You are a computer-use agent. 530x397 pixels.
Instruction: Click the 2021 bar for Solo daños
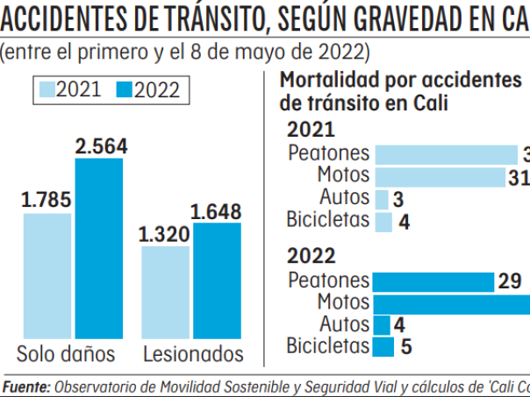[47, 275]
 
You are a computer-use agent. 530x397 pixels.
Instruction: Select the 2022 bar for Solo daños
[99, 248]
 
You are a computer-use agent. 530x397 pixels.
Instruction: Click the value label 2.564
[101, 147]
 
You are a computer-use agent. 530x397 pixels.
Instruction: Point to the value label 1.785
[47, 201]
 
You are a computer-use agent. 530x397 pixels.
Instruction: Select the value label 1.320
[165, 234]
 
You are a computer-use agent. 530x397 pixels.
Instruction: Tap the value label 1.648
[216, 211]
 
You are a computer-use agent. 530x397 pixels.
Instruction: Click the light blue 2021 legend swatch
[48, 90]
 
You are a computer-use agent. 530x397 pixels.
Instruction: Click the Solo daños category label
[67, 355]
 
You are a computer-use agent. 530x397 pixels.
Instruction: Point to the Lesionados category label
[193, 355]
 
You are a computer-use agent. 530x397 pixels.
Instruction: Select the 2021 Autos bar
[382, 199]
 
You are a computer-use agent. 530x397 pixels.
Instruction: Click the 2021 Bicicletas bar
[383, 221]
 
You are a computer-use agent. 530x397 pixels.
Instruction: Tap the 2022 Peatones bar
[433, 282]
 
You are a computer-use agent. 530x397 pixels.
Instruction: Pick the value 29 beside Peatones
[511, 282]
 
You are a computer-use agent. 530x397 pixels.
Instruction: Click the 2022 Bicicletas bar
[383, 347]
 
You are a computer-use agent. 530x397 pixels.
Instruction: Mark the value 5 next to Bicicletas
[406, 347]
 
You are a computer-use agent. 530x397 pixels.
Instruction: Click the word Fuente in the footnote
[26, 386]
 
